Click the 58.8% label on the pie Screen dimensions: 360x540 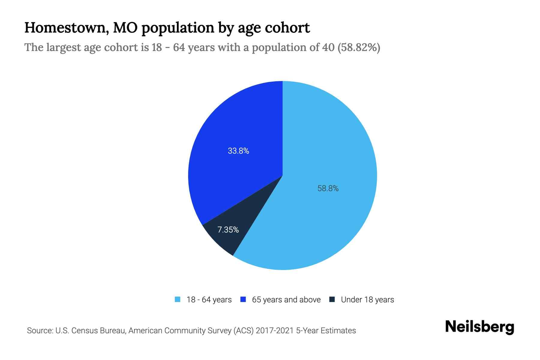click(x=328, y=188)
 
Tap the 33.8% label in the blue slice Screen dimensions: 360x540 click(x=238, y=151)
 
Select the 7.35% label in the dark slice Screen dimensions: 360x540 click(x=228, y=230)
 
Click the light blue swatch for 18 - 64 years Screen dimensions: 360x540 click(x=178, y=299)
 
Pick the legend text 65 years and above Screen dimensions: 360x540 click(x=286, y=300)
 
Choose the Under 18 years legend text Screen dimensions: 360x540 click(x=367, y=300)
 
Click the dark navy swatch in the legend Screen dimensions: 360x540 click(x=332, y=299)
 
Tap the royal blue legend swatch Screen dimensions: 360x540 click(x=243, y=299)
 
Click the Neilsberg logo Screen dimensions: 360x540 click(x=479, y=327)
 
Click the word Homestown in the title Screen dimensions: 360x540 click(x=66, y=28)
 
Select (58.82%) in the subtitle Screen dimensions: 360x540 click(x=359, y=47)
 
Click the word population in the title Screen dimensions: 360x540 click(x=178, y=28)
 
